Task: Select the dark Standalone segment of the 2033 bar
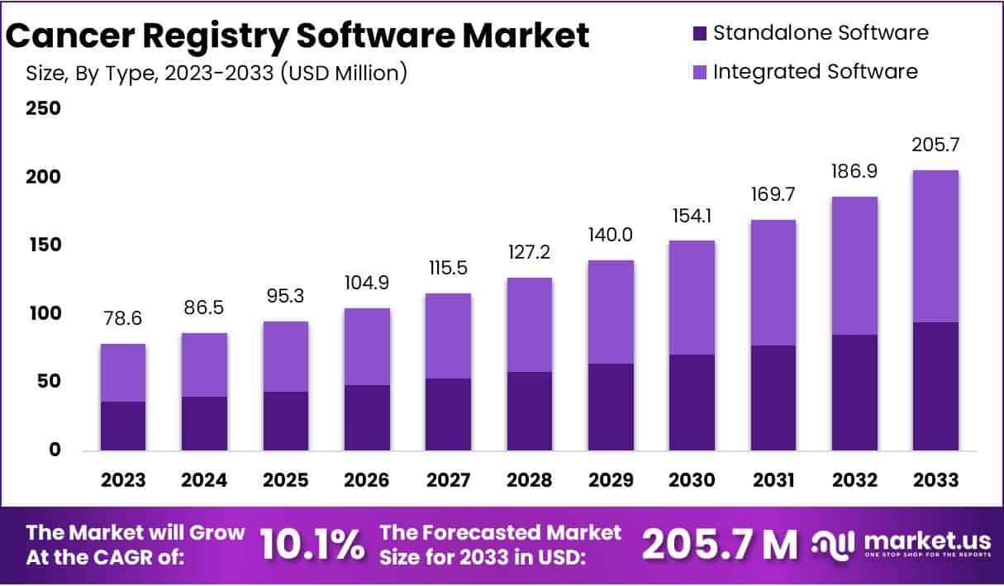click(935, 386)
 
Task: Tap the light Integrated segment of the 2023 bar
click(123, 372)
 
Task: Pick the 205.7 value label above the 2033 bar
click(935, 145)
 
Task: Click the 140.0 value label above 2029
click(611, 236)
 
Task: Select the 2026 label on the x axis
click(367, 480)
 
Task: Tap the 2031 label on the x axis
click(773, 480)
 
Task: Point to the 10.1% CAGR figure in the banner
click(312, 545)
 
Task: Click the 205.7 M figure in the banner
click(719, 545)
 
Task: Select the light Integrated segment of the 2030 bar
click(692, 298)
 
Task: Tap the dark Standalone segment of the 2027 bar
click(448, 414)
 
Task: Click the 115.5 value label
click(448, 269)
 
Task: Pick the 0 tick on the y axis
click(55, 450)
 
